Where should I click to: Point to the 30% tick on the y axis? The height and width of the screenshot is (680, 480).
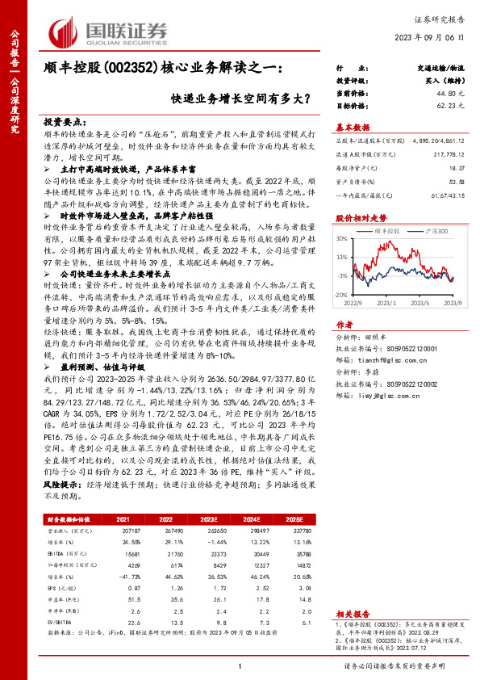343,239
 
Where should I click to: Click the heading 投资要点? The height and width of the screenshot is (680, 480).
62,118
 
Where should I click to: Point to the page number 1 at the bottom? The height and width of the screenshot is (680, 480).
240,665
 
